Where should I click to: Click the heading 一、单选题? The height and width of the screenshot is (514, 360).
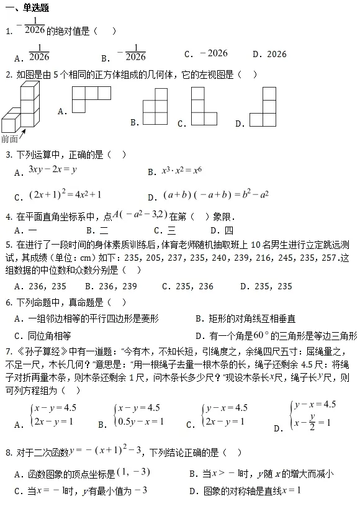[28, 8]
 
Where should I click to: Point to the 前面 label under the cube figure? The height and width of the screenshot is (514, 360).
[10, 139]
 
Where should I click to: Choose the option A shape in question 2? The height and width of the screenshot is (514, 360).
[91, 99]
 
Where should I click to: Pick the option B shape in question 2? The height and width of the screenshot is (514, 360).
[155, 107]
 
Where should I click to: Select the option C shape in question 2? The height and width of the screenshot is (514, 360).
[204, 107]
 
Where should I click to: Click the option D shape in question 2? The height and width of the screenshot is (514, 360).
[263, 107]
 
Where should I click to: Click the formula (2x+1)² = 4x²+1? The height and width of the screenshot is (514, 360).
[65, 194]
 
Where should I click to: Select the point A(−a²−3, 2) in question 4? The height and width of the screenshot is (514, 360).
[140, 215]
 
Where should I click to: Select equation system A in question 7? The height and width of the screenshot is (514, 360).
[53, 415]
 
